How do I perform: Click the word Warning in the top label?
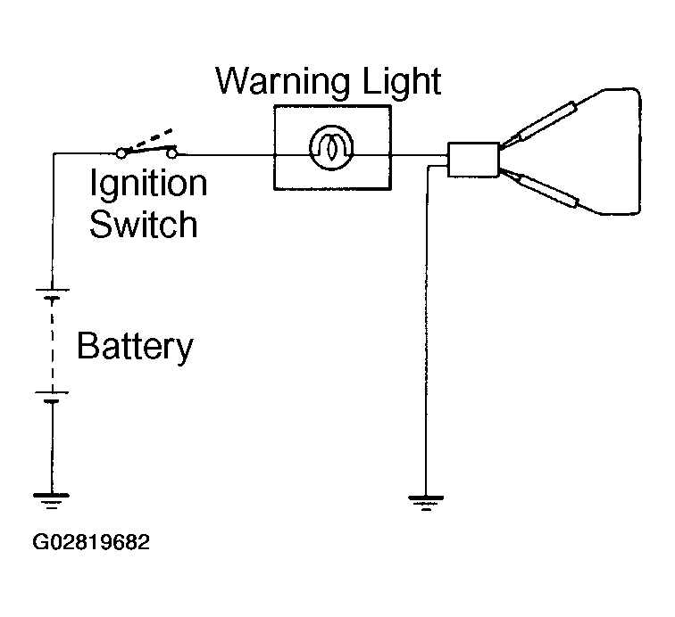pyautogui.click(x=282, y=82)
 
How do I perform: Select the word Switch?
pyautogui.click(x=144, y=224)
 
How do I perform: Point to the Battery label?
pyautogui.click(x=135, y=348)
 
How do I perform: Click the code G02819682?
pyautogui.click(x=91, y=542)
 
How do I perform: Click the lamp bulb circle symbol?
pyautogui.click(x=331, y=147)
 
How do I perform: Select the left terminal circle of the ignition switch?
pyautogui.click(x=121, y=153)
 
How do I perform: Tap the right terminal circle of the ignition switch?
pyautogui.click(x=171, y=153)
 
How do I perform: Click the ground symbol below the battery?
pyautogui.click(x=51, y=501)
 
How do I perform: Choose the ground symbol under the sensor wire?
pyautogui.click(x=426, y=503)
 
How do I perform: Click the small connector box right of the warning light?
pyautogui.click(x=473, y=160)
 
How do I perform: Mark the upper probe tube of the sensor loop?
pyautogui.click(x=546, y=121)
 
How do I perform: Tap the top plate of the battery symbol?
pyautogui.click(x=52, y=291)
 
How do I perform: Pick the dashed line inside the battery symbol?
pyautogui.click(x=52, y=345)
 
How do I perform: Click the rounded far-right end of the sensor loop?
pyautogui.click(x=639, y=151)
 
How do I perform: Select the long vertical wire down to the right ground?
pyautogui.click(x=427, y=331)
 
